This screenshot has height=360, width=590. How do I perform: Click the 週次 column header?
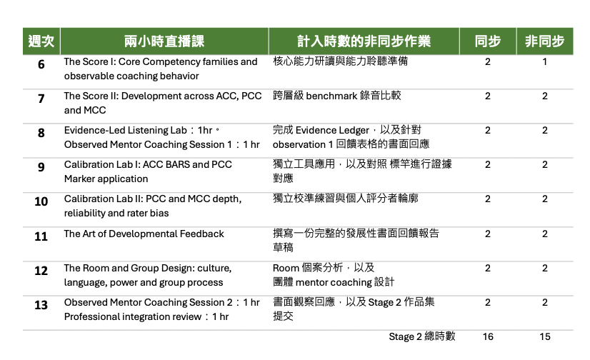41,41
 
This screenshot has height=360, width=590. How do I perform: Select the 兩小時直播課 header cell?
164,41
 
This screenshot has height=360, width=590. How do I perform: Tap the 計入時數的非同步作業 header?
364,41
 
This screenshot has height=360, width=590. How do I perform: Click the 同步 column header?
488,41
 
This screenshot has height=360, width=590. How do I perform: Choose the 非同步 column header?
545,41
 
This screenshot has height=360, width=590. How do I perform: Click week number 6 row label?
41,64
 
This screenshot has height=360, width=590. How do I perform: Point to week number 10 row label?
41,201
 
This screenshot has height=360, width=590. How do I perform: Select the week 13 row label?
41,305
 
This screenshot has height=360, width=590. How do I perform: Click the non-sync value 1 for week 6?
544,61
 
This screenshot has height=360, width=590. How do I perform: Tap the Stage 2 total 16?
488,336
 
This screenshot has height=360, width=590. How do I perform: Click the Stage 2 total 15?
545,336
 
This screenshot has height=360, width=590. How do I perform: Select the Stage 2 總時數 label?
422,336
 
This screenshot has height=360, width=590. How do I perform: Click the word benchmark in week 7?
331,96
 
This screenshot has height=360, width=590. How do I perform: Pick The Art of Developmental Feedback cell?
144,234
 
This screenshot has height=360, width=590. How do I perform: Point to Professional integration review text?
133,316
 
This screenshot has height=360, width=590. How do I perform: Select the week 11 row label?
41,236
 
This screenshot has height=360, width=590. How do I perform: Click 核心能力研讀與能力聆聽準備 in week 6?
340,61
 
